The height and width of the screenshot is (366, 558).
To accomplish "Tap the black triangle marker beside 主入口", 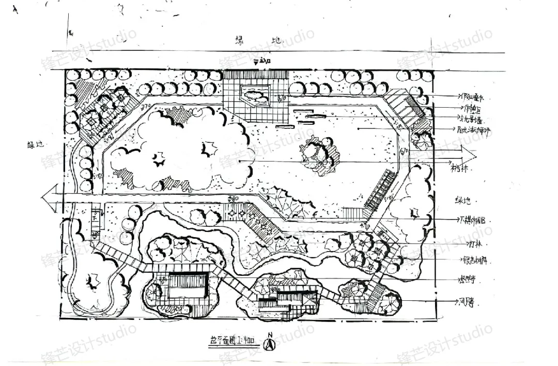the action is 256,61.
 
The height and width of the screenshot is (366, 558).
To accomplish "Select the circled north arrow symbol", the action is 270,344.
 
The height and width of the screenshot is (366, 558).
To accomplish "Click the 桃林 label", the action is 459,168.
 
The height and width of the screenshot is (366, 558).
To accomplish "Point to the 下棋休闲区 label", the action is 473,220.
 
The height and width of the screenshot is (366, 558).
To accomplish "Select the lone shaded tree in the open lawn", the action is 316,153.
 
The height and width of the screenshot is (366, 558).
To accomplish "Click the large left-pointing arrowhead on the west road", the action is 50,199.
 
